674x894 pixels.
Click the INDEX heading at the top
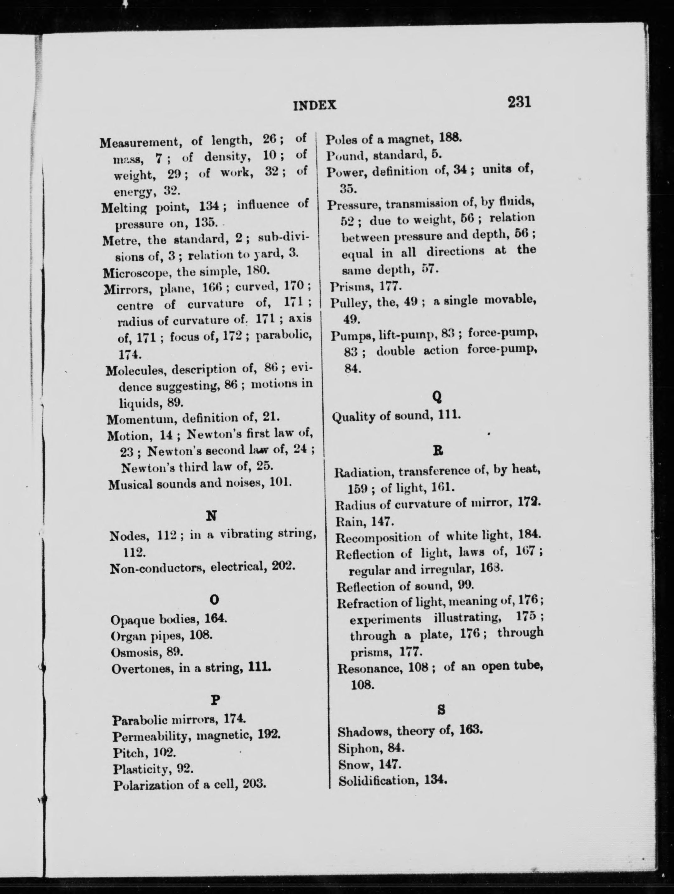pos(314,106)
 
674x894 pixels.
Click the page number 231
pos(519,102)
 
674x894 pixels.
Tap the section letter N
pos(212,516)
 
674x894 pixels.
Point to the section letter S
pos(441,709)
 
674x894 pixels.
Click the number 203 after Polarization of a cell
pos(254,785)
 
